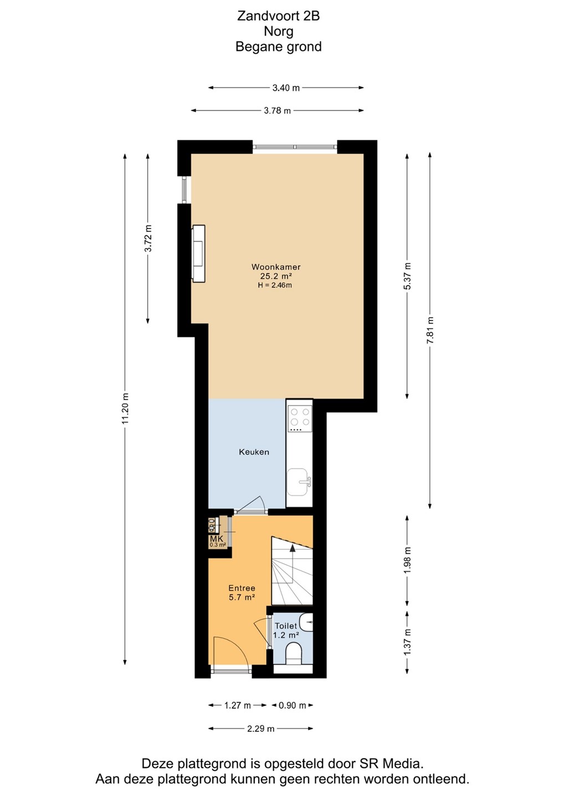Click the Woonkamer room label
pyautogui.click(x=276, y=267)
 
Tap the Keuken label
pyautogui.click(x=254, y=452)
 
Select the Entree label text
pyautogui.click(x=242, y=588)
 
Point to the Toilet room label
pyautogui.click(x=285, y=625)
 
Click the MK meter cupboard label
pyautogui.click(x=216, y=539)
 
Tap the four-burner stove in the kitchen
pyautogui.click(x=299, y=418)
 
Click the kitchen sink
pyautogui.click(x=299, y=482)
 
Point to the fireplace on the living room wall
pyautogui.click(x=198, y=253)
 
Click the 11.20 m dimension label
pyautogui.click(x=125, y=409)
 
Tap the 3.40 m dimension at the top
pyautogui.click(x=286, y=87)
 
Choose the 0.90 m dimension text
pyautogui.click(x=292, y=705)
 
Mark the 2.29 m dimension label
pyautogui.click(x=260, y=729)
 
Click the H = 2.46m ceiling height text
pyautogui.click(x=275, y=285)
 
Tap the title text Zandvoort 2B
pyautogui.click(x=279, y=16)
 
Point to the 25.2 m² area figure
pyautogui.click(x=276, y=276)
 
